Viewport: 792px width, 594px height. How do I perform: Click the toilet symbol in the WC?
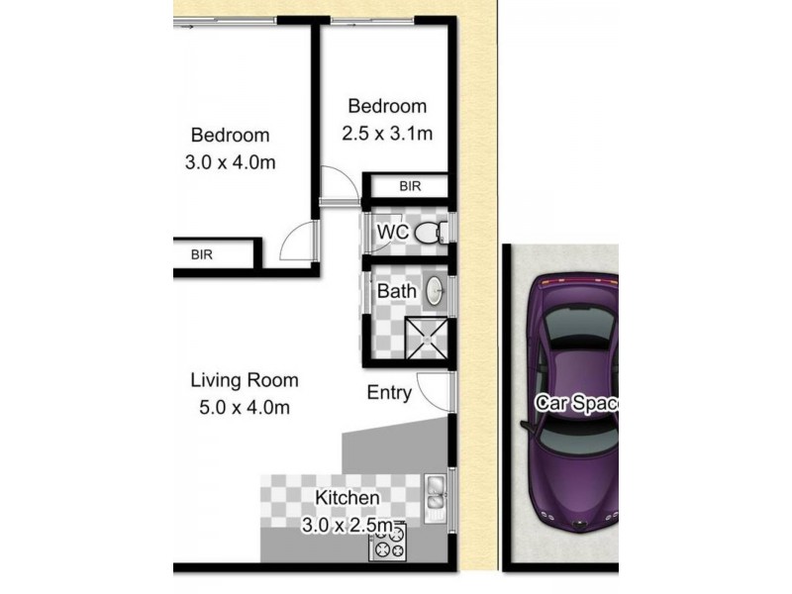click(428, 234)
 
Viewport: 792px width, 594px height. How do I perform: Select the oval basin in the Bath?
click(434, 291)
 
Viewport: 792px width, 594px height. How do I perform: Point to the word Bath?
click(396, 291)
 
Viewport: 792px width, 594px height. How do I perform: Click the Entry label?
click(389, 392)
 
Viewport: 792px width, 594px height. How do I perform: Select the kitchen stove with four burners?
click(388, 542)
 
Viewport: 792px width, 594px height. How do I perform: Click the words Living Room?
click(244, 380)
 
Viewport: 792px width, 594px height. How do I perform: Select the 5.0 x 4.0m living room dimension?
click(244, 406)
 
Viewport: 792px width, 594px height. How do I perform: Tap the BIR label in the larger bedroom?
click(202, 254)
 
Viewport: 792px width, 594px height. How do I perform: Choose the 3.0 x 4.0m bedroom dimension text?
click(230, 162)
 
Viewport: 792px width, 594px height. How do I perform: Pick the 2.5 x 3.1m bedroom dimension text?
click(387, 133)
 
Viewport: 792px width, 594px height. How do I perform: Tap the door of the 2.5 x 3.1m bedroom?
click(337, 183)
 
